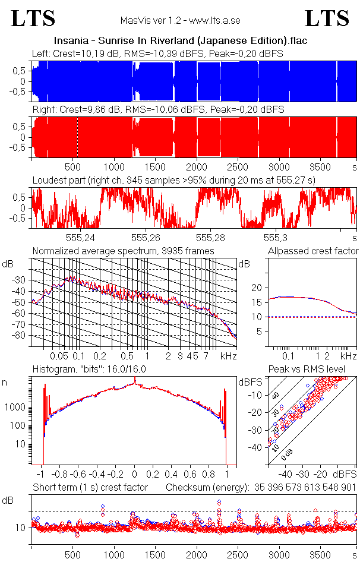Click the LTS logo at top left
click(x=33, y=18)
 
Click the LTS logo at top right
click(x=327, y=18)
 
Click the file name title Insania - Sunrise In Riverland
click(x=180, y=41)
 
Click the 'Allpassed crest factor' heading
click(x=313, y=251)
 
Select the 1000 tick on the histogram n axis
click(x=17, y=408)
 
